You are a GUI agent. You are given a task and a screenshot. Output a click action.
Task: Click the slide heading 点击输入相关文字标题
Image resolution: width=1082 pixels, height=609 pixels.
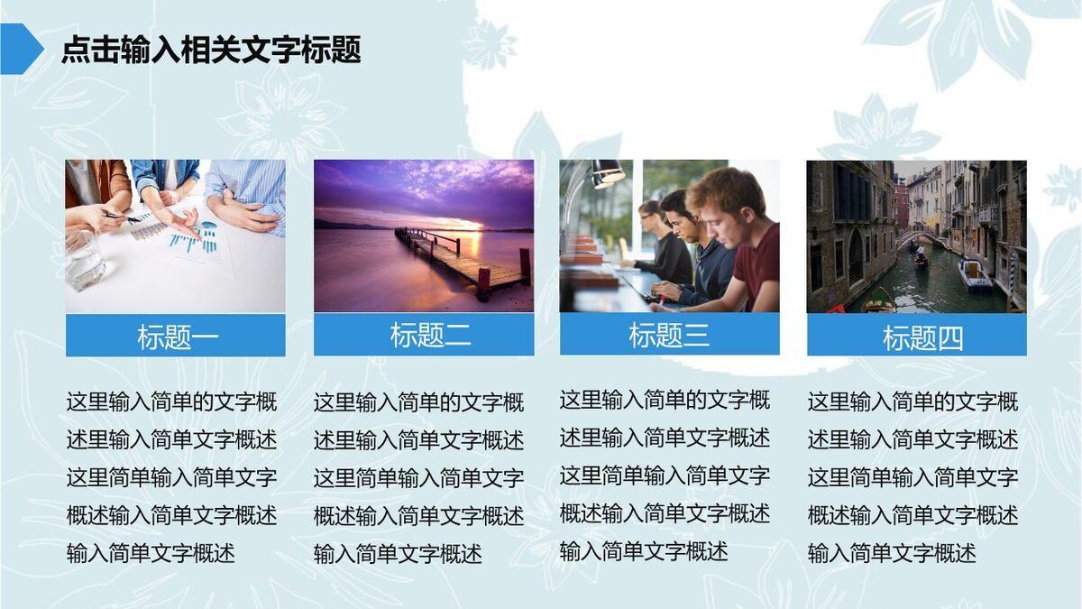click(211, 50)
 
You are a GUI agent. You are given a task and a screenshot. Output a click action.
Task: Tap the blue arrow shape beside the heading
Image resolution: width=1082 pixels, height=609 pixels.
click(20, 49)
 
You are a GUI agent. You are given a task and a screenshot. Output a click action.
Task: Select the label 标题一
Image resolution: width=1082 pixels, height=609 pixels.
click(176, 336)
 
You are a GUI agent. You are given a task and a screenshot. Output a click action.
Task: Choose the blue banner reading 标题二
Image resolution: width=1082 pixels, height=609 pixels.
click(424, 335)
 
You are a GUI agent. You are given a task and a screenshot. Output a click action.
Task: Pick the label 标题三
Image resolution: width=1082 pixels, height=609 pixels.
click(669, 335)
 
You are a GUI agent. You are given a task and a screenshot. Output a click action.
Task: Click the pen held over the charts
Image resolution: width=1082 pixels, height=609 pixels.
click(121, 217)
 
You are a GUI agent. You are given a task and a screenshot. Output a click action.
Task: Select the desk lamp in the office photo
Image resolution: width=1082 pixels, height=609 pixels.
click(605, 172)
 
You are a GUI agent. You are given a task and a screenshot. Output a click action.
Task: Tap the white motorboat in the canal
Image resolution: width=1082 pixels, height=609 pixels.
click(975, 274)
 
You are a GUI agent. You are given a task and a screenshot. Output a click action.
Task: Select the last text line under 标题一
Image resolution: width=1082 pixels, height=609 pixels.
click(151, 553)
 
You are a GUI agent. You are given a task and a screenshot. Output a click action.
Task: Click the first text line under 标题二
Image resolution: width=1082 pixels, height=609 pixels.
click(418, 402)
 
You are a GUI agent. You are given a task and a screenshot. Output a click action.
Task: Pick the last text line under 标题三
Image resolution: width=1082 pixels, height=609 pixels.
click(644, 550)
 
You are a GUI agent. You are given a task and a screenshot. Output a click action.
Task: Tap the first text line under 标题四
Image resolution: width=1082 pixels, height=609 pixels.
click(912, 401)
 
